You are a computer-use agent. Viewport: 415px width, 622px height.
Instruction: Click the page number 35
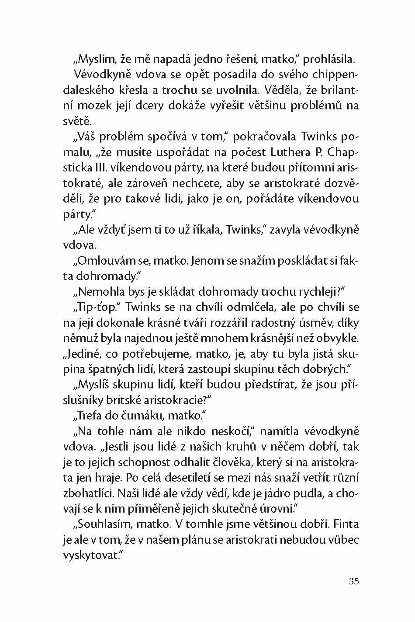tap(354, 581)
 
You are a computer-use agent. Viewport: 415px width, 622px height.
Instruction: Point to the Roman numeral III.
tap(96, 168)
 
